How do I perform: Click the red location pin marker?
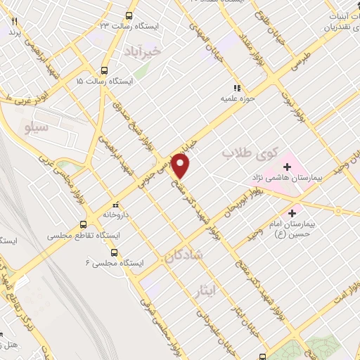(181, 166)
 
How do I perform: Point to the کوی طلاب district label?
(250, 152)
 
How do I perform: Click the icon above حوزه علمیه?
(237, 88)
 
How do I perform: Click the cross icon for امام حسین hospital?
(292, 212)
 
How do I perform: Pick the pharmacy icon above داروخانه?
(115, 205)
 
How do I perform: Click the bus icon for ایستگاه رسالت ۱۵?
(105, 70)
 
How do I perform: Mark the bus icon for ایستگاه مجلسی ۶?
(115, 252)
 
